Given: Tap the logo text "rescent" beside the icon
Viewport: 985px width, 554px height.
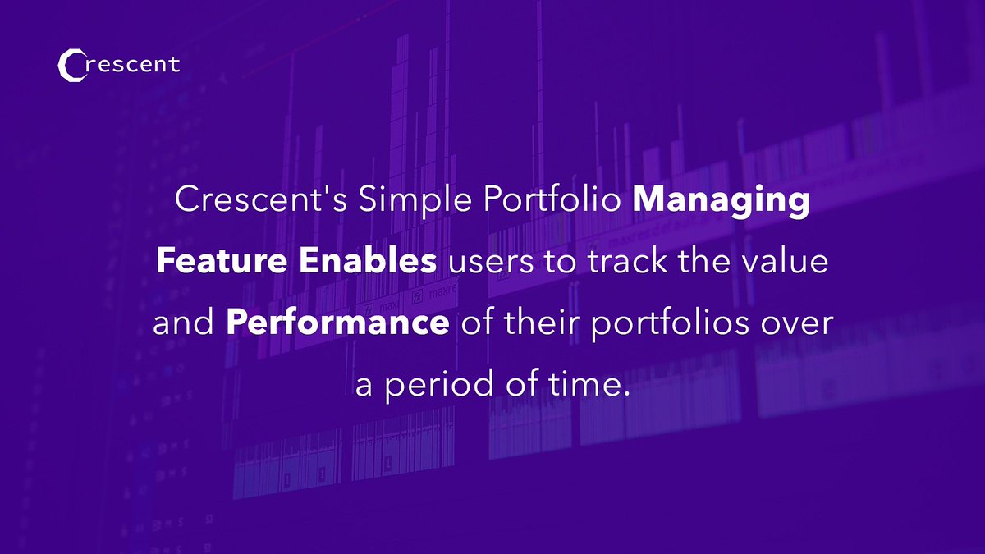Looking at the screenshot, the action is [133, 64].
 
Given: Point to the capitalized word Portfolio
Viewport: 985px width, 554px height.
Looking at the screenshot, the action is [552, 199].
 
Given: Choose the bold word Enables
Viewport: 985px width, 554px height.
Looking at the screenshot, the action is [368, 260].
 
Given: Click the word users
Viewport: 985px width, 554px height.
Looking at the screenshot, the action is [491, 263].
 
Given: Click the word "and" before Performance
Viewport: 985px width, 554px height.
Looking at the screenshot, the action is [183, 322].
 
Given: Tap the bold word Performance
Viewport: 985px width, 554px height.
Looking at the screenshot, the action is [337, 322].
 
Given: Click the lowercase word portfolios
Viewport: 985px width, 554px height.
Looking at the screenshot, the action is [669, 325].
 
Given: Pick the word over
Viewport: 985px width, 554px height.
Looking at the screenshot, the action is [797, 325].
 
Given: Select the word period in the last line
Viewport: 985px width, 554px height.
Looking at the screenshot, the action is [439, 387].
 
